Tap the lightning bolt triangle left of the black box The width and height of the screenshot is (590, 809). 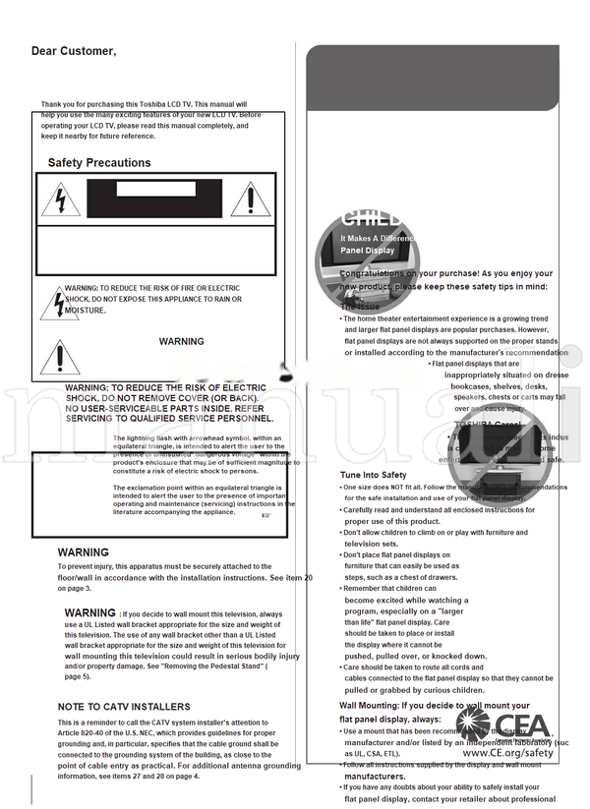point(60,201)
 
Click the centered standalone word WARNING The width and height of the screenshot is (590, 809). point(181,342)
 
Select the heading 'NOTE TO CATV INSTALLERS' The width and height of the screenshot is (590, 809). point(124,707)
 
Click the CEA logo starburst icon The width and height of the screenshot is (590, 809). point(481,727)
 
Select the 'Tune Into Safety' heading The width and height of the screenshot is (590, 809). point(373,476)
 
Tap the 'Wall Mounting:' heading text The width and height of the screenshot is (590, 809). point(371,706)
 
